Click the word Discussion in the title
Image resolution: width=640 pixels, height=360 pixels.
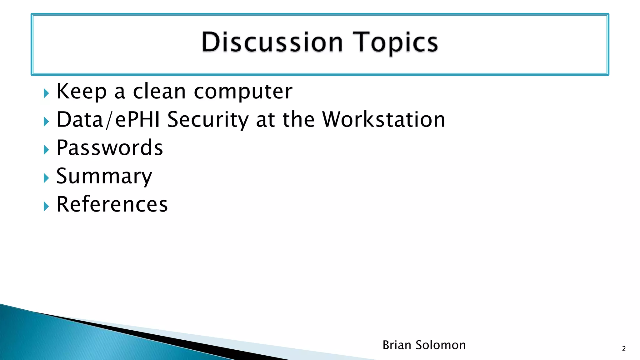(x=272, y=42)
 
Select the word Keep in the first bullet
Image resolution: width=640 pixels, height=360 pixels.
(x=81, y=91)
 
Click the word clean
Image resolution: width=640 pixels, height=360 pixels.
(x=159, y=91)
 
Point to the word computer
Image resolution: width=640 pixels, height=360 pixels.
(x=243, y=92)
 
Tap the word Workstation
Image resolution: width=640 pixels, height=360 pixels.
(x=383, y=120)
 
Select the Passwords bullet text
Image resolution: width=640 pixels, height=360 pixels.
(x=110, y=148)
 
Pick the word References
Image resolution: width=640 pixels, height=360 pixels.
(x=112, y=204)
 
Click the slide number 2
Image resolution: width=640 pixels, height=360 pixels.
(x=624, y=349)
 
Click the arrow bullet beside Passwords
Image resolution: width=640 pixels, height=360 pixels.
(x=46, y=150)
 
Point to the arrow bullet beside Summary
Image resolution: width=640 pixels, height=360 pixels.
(x=46, y=178)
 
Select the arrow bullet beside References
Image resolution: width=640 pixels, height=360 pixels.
(x=46, y=206)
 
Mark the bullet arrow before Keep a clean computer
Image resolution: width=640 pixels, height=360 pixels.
(x=46, y=93)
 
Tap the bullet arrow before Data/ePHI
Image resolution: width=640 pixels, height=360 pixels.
(x=46, y=122)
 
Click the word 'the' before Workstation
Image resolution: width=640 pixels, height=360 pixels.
(x=298, y=120)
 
